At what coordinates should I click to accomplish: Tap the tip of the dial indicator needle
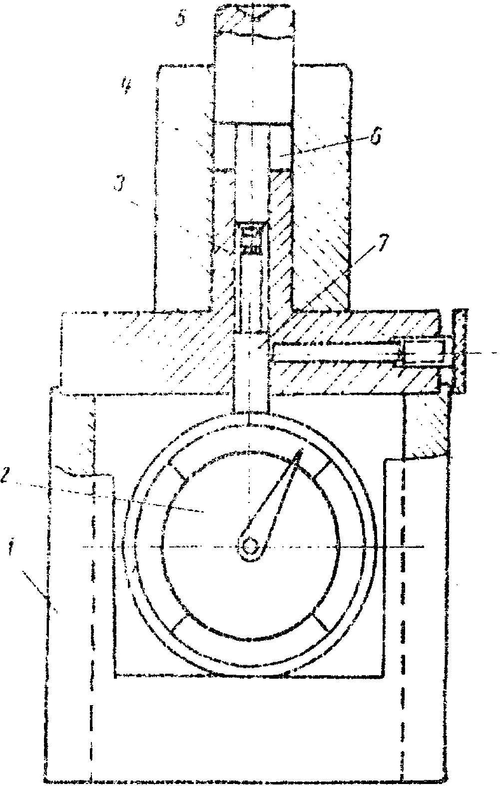point(301,452)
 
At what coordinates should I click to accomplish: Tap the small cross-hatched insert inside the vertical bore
point(251,239)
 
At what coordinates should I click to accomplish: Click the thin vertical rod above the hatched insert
point(252,170)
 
